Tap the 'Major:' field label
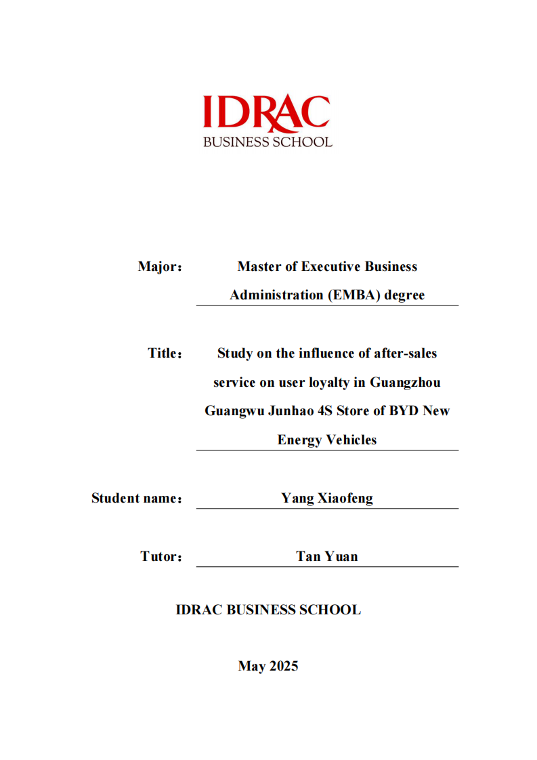(x=160, y=267)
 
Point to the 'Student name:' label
(x=137, y=499)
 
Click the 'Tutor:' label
(x=161, y=557)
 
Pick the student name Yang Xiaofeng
(x=327, y=499)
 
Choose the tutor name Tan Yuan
(x=327, y=557)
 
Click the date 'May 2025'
(x=268, y=667)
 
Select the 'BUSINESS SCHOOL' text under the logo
(x=268, y=142)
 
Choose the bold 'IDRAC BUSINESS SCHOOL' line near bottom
(x=268, y=610)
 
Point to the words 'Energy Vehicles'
(x=327, y=440)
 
